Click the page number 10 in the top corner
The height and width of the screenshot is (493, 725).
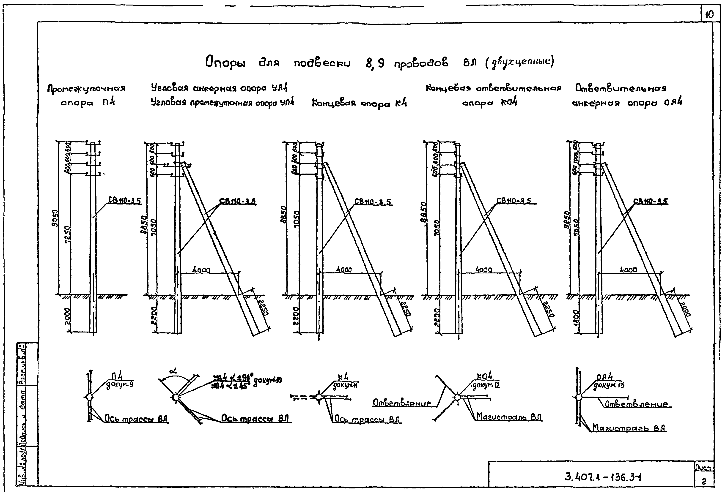click(x=709, y=15)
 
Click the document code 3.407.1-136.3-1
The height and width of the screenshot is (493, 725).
click(x=603, y=477)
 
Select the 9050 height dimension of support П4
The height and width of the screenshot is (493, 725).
click(x=55, y=218)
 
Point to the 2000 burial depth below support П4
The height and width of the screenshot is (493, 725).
click(x=68, y=316)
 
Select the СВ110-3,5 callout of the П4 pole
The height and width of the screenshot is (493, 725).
click(x=125, y=200)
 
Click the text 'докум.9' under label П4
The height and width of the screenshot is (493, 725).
click(x=120, y=385)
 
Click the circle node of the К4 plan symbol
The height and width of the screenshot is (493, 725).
click(x=319, y=397)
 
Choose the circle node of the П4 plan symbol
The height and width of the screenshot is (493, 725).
click(x=89, y=397)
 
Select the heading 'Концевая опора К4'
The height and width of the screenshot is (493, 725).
click(x=359, y=103)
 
